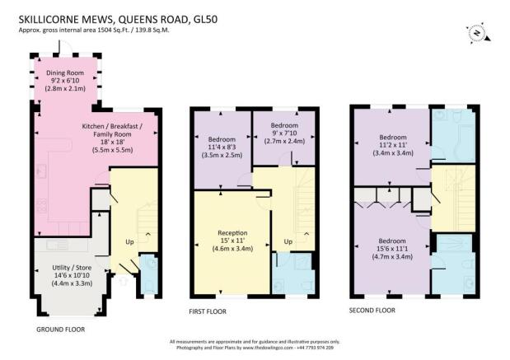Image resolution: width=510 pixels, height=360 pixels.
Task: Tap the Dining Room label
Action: [x=65, y=72]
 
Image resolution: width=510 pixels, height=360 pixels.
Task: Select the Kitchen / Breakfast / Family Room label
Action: [x=112, y=130]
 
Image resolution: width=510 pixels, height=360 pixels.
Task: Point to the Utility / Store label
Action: [x=72, y=268]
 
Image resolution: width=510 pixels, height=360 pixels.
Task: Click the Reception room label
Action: [x=232, y=233]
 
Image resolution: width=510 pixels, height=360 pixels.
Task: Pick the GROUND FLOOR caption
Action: [x=60, y=330]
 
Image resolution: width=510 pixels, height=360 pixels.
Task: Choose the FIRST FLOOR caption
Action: [x=208, y=311]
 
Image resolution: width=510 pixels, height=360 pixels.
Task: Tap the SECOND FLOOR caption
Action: [x=372, y=311]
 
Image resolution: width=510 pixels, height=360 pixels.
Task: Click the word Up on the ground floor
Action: [x=129, y=242]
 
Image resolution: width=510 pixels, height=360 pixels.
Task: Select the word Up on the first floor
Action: [x=288, y=241]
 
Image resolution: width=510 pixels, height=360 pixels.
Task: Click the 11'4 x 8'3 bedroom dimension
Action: [x=222, y=147]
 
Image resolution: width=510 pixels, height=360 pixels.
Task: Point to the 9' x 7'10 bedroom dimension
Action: [x=284, y=133]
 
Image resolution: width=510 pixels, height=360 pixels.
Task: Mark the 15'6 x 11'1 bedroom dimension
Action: [x=392, y=249]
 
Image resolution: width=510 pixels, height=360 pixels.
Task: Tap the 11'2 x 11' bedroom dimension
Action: [x=393, y=145]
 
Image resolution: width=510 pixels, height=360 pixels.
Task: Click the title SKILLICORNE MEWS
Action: [x=65, y=20]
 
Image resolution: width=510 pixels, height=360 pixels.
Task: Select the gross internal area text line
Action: [x=94, y=30]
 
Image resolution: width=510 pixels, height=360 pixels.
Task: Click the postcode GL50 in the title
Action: [x=205, y=20]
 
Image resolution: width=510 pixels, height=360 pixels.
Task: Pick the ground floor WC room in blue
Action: [x=148, y=274]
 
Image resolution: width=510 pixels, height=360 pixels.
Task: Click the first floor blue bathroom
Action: [x=293, y=274]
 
